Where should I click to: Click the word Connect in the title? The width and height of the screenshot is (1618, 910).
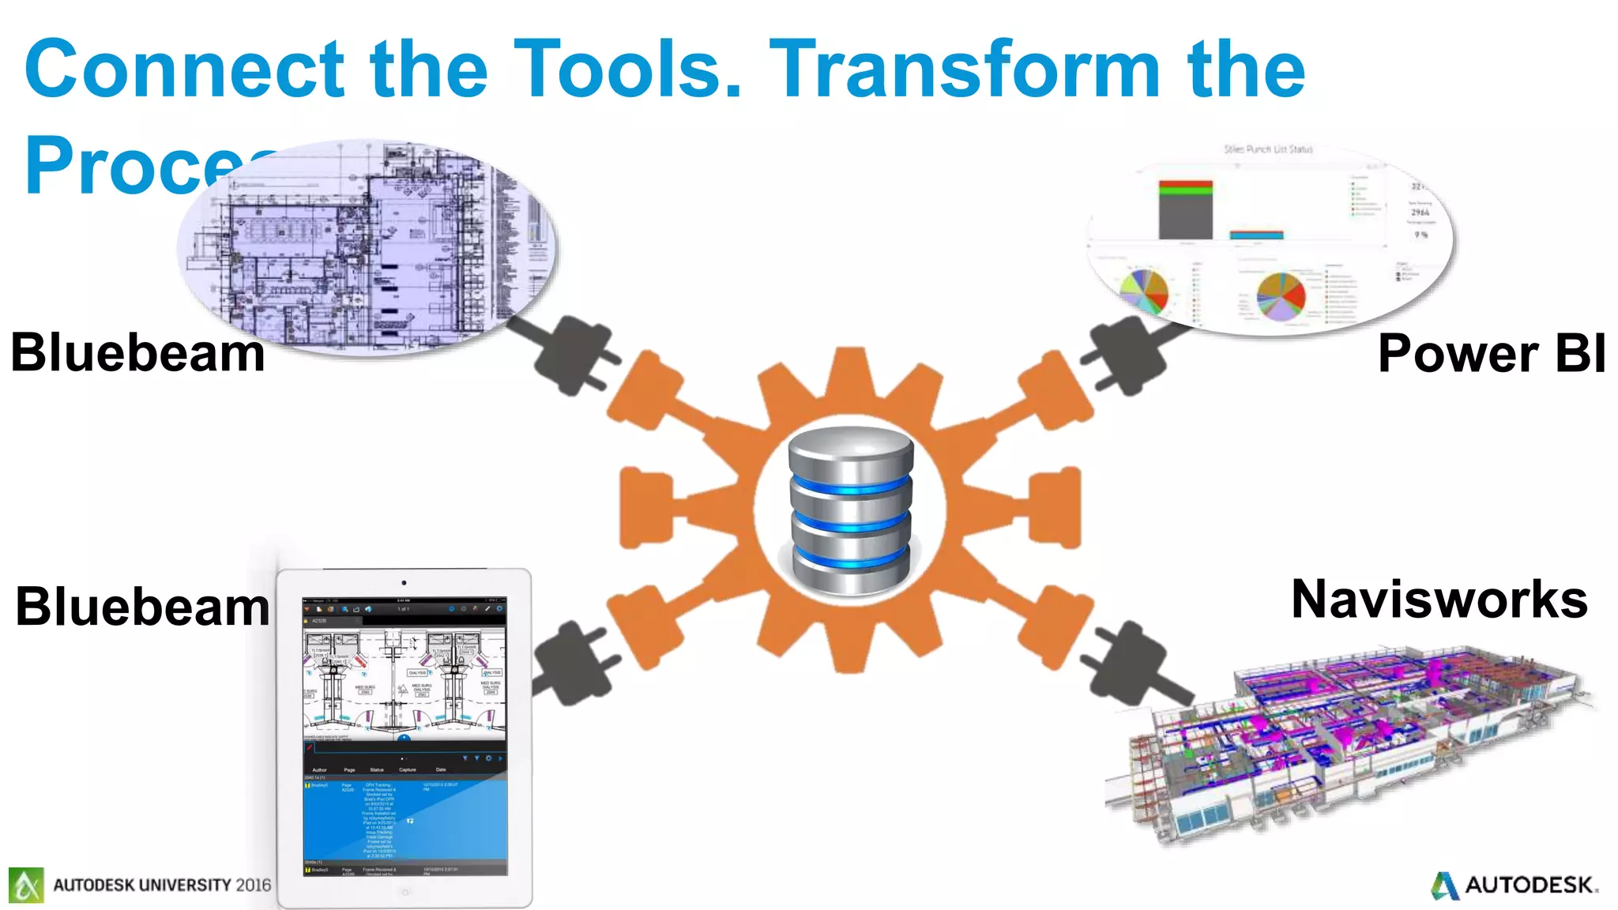click(x=185, y=70)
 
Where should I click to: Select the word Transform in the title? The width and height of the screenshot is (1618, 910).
click(x=965, y=70)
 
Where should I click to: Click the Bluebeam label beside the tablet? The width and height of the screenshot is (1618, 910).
click(x=142, y=607)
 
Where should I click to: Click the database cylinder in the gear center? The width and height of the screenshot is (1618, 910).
click(x=851, y=510)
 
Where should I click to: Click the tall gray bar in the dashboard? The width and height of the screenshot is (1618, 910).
click(x=1185, y=212)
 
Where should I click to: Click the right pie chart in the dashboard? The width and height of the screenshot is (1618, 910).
click(x=1281, y=295)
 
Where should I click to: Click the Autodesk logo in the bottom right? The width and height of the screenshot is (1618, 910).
click(x=1515, y=885)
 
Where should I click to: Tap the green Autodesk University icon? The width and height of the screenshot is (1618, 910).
click(x=26, y=885)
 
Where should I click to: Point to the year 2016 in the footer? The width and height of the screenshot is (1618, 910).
click(x=253, y=885)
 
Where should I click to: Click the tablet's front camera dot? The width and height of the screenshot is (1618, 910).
click(x=404, y=583)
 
